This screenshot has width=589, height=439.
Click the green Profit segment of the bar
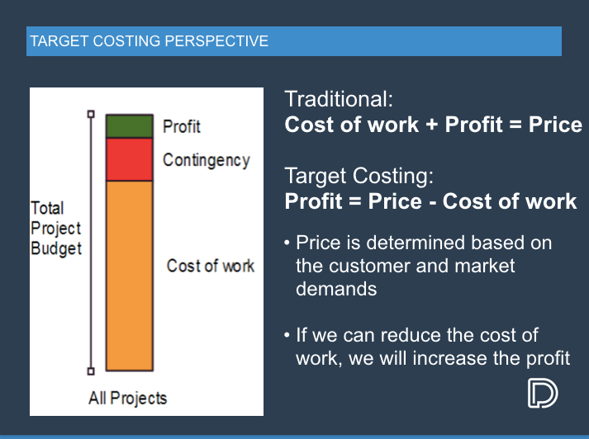(x=129, y=126)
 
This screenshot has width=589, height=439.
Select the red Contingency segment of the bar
(x=129, y=159)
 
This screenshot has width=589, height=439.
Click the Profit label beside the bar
(x=181, y=126)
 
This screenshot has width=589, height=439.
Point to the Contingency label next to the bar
(x=206, y=160)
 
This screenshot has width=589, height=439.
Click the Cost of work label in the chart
(x=210, y=266)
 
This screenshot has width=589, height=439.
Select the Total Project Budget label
(x=56, y=228)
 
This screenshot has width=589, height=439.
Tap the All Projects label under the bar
(x=127, y=398)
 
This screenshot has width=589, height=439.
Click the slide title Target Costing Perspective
(x=149, y=41)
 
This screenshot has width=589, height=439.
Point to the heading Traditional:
(x=338, y=100)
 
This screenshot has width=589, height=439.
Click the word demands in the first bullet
(x=336, y=289)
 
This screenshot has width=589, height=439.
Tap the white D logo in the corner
(x=542, y=394)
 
